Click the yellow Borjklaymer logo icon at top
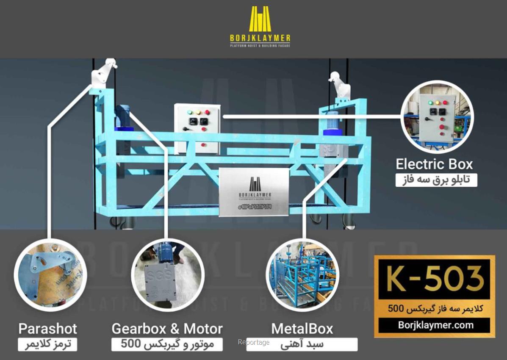[x=260, y=19]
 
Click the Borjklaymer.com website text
[x=435, y=325]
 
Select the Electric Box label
[x=434, y=164]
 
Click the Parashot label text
[x=47, y=329]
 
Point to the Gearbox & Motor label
[x=167, y=329]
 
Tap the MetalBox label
[x=302, y=329]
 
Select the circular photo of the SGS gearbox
[x=167, y=275]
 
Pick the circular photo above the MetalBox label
[x=302, y=275]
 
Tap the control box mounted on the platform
[x=198, y=129]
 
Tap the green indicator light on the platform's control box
[x=189, y=113]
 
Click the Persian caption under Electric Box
[x=436, y=180]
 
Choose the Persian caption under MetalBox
[x=302, y=344]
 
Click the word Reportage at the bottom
[x=254, y=342]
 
